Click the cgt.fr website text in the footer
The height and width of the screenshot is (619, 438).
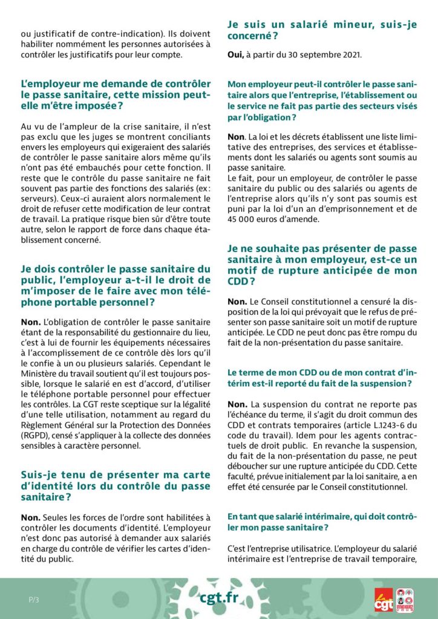[x=219, y=598]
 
